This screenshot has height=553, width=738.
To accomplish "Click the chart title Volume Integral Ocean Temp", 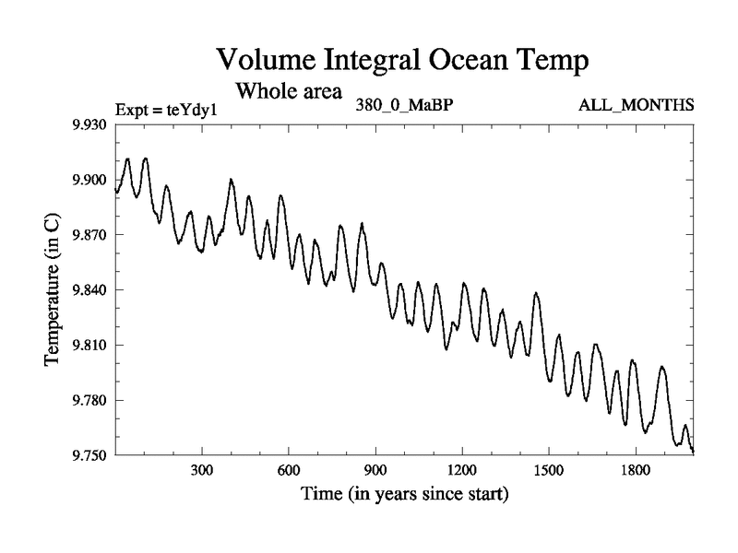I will pyautogui.click(x=402, y=61).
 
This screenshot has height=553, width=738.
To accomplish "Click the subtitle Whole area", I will pyautogui.click(x=289, y=91).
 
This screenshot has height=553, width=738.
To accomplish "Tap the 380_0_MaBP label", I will pyautogui.click(x=403, y=104).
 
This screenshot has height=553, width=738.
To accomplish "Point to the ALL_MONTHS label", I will pyautogui.click(x=636, y=104).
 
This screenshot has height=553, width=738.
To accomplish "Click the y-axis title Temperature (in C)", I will pyautogui.click(x=54, y=289).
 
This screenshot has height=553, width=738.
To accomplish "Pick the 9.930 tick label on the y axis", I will pyautogui.click(x=90, y=124).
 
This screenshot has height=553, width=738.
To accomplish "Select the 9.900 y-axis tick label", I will pyautogui.click(x=90, y=180).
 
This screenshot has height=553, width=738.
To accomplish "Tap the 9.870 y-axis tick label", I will pyautogui.click(x=90, y=235).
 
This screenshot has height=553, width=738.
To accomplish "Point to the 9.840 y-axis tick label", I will pyautogui.click(x=90, y=290).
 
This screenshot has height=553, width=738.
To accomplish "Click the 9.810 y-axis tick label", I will pyautogui.click(x=90, y=346).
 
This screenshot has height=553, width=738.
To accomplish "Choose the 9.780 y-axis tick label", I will pyautogui.click(x=90, y=401).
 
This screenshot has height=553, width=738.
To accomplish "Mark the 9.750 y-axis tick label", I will pyautogui.click(x=90, y=455).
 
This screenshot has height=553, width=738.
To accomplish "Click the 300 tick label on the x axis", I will pyautogui.click(x=202, y=470).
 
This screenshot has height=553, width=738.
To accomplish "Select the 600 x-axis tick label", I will pyautogui.click(x=289, y=470).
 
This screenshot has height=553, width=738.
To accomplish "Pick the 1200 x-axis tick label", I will pyautogui.click(x=462, y=470).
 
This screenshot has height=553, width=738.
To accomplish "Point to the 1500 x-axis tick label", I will pyautogui.click(x=549, y=470).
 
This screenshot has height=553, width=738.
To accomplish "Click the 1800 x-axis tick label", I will pyautogui.click(x=636, y=470).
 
